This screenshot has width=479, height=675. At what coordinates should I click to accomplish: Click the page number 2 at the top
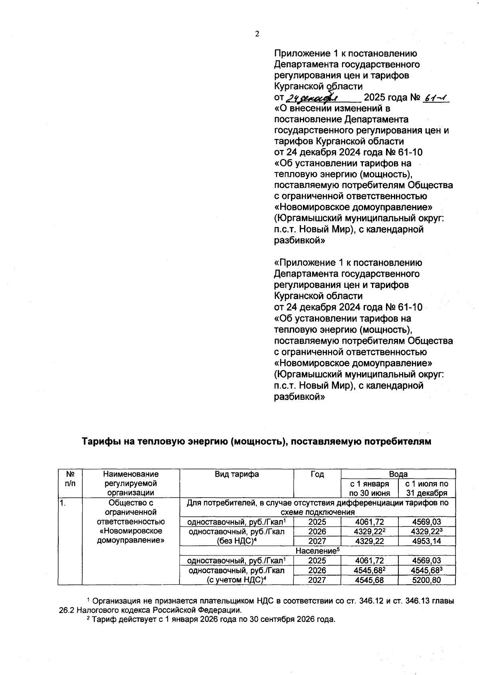click(x=257, y=34)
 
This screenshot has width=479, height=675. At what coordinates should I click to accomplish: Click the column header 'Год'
click(x=317, y=474)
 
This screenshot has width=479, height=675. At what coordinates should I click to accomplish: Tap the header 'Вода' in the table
click(x=398, y=474)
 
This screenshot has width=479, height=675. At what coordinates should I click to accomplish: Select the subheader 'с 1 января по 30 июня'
click(x=369, y=488)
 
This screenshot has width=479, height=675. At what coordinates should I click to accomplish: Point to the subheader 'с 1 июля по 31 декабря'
click(x=427, y=488)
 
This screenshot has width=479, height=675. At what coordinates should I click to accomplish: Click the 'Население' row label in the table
click(x=317, y=550)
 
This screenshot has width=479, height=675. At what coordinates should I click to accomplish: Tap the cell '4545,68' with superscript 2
click(x=369, y=570)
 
